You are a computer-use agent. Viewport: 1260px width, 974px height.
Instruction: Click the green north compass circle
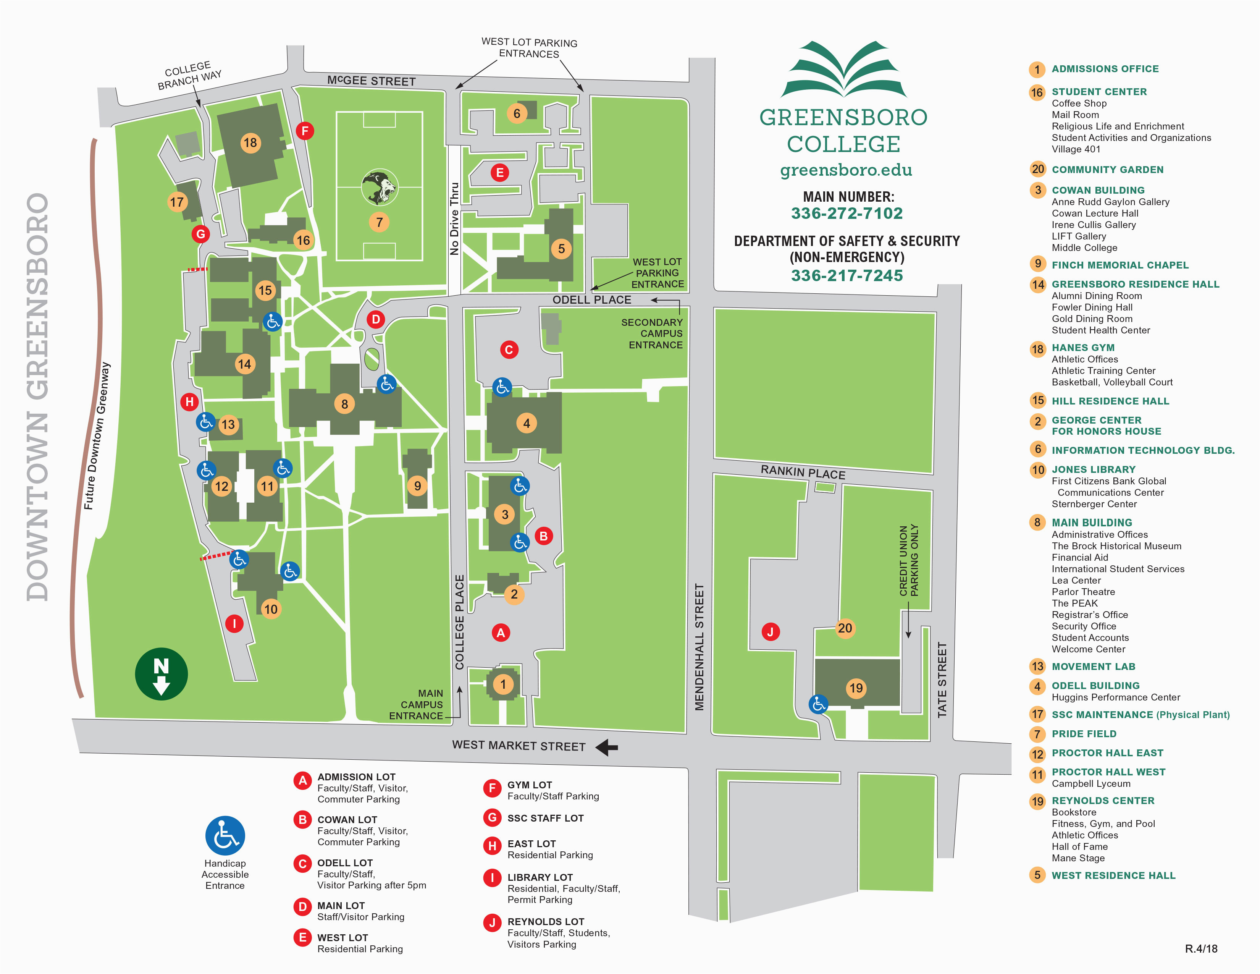pyautogui.click(x=161, y=673)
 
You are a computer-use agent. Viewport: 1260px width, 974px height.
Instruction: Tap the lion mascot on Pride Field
pyautogui.click(x=379, y=187)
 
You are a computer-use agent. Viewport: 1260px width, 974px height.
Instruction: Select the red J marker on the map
pyautogui.click(x=770, y=631)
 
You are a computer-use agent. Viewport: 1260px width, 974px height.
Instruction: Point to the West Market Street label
pyautogui.click(x=519, y=746)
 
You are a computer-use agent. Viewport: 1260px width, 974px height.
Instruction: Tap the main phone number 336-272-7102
pyautogui.click(x=846, y=214)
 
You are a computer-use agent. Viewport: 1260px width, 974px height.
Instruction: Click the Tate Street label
pyautogui.click(x=942, y=680)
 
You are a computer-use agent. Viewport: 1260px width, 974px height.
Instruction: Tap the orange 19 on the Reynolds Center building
pyautogui.click(x=856, y=688)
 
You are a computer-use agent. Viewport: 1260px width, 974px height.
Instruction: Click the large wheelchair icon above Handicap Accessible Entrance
pyautogui.click(x=225, y=835)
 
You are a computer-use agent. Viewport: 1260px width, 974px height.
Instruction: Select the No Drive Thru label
pyautogui.click(x=455, y=219)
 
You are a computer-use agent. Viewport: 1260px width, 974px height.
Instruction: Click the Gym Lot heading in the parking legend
pyautogui.click(x=530, y=785)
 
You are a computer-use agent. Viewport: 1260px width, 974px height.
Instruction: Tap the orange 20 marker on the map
pyautogui.click(x=845, y=628)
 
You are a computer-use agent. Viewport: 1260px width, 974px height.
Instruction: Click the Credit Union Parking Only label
pyautogui.click(x=909, y=560)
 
